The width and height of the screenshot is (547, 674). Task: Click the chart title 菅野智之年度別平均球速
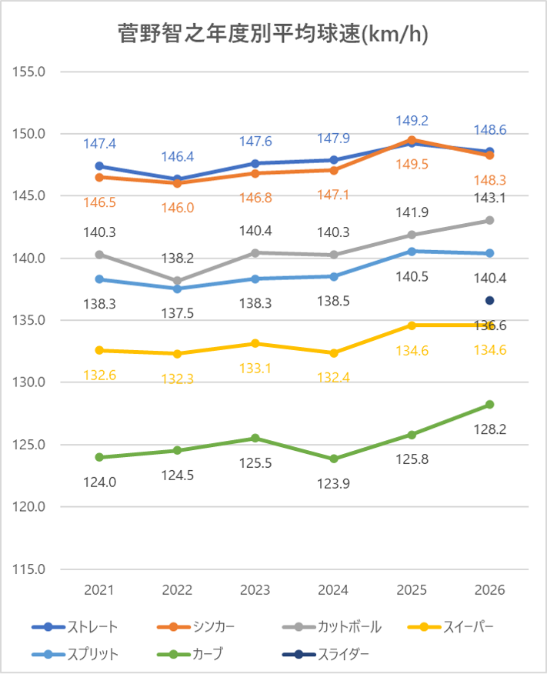[x=273, y=35]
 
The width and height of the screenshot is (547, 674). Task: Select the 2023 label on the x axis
[x=255, y=590]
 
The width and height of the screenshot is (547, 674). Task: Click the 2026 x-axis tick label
[x=489, y=590]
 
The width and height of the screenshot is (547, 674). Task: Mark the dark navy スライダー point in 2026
[x=489, y=300]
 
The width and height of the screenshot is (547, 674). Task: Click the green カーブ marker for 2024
[x=334, y=459]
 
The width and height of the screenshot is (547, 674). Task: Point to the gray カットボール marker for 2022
[x=178, y=281]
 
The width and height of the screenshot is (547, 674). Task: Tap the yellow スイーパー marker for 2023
[x=255, y=343]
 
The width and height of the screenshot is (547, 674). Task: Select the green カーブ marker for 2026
[x=489, y=405]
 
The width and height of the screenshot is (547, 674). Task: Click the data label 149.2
[x=412, y=121]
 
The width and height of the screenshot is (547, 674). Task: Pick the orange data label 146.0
[x=178, y=208]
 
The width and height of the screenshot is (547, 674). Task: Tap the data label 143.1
[x=489, y=198]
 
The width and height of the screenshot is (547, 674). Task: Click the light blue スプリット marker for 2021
[x=99, y=279]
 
